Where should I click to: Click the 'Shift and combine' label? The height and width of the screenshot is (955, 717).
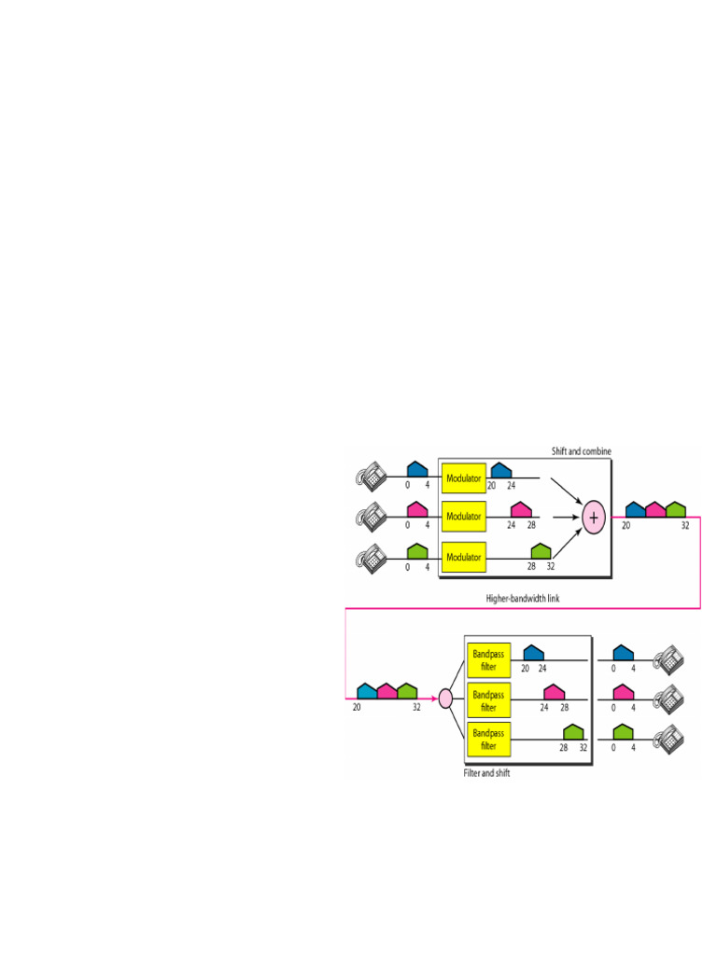tap(581, 451)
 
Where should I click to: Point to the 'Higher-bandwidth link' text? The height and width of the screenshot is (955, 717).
tap(523, 597)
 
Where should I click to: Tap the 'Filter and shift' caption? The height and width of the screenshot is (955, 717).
tap(487, 774)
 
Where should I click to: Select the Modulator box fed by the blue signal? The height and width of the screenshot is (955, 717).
tap(464, 479)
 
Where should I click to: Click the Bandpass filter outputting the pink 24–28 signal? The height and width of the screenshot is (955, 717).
tap(488, 699)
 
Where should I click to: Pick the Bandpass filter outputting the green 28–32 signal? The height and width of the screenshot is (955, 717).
tap(488, 740)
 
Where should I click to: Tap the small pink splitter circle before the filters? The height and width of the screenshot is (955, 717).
tap(445, 698)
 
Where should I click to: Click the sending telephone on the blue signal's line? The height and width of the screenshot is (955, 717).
tap(371, 477)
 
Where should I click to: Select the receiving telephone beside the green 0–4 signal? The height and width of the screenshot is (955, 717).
tap(668, 737)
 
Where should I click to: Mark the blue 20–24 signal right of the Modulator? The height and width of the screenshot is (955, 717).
tap(501, 470)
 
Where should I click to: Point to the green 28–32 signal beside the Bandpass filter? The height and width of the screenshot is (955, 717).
tap(573, 732)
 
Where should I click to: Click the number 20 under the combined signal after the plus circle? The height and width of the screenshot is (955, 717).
tap(626, 526)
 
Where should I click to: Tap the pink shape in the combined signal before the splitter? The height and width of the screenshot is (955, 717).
tap(387, 691)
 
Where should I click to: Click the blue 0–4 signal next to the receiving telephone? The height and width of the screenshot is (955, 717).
tap(624, 653)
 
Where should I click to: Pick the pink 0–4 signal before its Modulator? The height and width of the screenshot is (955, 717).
tap(417, 510)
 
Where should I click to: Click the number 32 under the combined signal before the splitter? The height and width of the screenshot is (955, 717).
tap(417, 708)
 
